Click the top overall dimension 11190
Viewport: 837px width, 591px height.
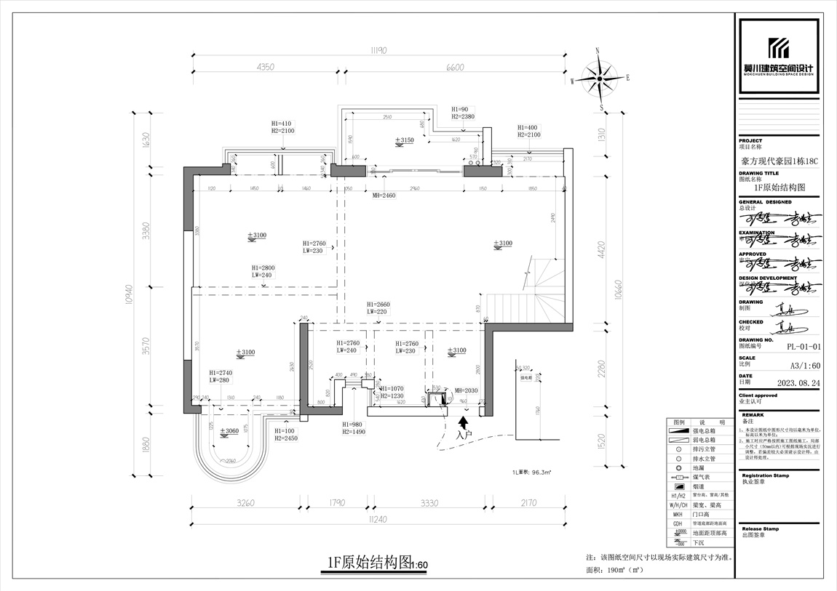[377, 50]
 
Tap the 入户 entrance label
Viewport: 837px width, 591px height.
[464, 435]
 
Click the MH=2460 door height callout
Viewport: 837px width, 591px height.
[384, 196]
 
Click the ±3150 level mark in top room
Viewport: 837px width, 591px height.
[404, 140]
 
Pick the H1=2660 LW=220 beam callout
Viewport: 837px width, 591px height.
[378, 307]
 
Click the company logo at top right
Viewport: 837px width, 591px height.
[779, 57]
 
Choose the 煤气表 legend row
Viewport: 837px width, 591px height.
[697, 478]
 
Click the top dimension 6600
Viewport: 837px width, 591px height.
[454, 67]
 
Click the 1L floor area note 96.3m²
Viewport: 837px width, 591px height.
[531, 471]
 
